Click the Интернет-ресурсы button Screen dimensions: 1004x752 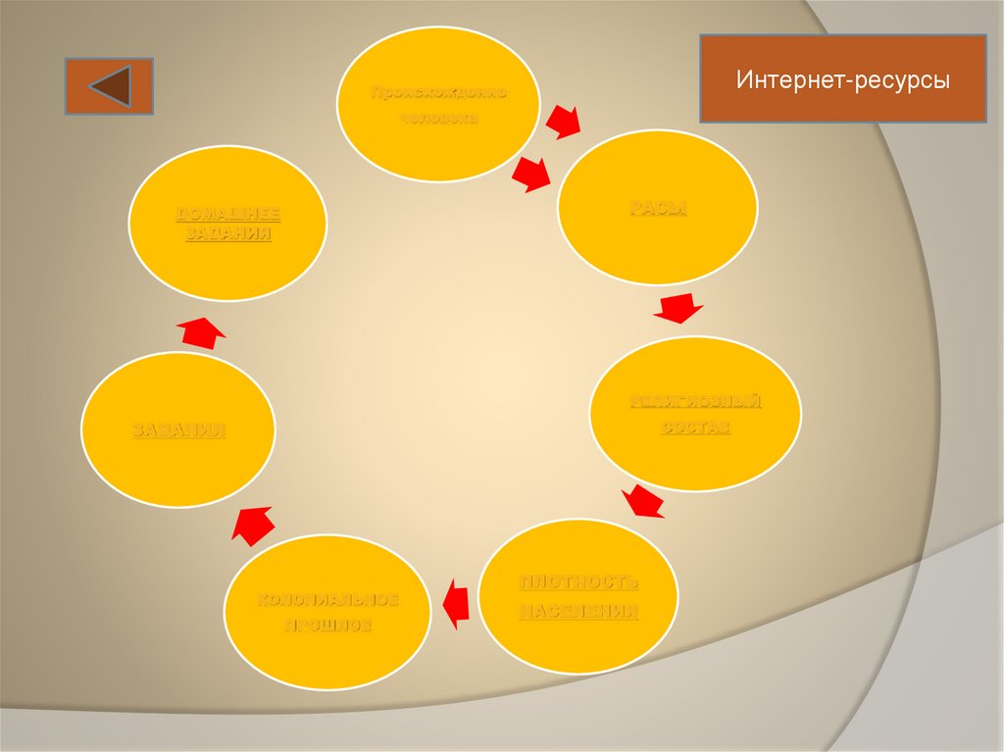pos(843,79)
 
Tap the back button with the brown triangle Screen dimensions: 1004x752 pos(109,85)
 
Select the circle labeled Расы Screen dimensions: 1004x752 pos(657,208)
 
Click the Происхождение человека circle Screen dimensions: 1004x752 pos(438,105)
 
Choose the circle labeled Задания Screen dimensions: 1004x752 pos(178,429)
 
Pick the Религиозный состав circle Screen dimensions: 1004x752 pos(695,414)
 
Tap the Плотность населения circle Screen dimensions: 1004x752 pos(578,596)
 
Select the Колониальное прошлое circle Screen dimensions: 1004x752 pos(327,612)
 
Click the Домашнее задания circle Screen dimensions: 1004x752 pos(228,223)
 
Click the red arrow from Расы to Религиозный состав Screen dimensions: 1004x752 pos(678,307)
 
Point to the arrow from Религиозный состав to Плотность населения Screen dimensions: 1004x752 pos(643,501)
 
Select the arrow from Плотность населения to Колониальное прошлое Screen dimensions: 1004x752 pos(455,602)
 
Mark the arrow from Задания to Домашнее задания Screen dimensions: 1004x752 pos(203,331)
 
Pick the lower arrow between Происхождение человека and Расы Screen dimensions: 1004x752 pos(530,174)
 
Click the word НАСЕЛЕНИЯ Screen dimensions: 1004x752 pos(578,612)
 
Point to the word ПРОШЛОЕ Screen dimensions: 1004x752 pos(327,626)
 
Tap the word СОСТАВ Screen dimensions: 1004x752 pos(695,428)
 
